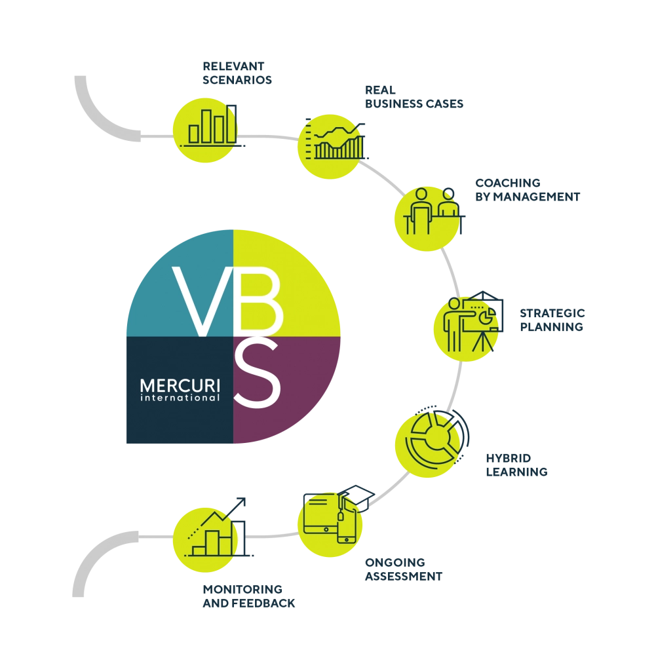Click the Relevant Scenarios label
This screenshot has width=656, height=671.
pos(237,73)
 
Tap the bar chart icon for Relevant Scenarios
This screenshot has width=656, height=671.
pos(212,125)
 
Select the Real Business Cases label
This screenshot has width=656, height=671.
pos(414,97)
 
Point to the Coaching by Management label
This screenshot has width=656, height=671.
pos(528,189)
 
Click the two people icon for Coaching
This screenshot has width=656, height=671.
pos(434,211)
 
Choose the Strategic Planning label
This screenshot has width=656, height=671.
pos(552,320)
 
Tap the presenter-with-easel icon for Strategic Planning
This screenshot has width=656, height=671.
pos(473,321)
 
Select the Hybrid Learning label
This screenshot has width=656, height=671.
pos(516,465)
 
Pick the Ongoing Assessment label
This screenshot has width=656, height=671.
pos(404,569)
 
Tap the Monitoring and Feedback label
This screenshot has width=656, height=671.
pos(248,596)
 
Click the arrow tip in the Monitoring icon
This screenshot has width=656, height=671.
pos(244,499)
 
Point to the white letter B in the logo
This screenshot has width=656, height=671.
pos(261,300)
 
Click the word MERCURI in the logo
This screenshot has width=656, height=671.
pos(180,385)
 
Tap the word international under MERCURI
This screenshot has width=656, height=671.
pos(180,398)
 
